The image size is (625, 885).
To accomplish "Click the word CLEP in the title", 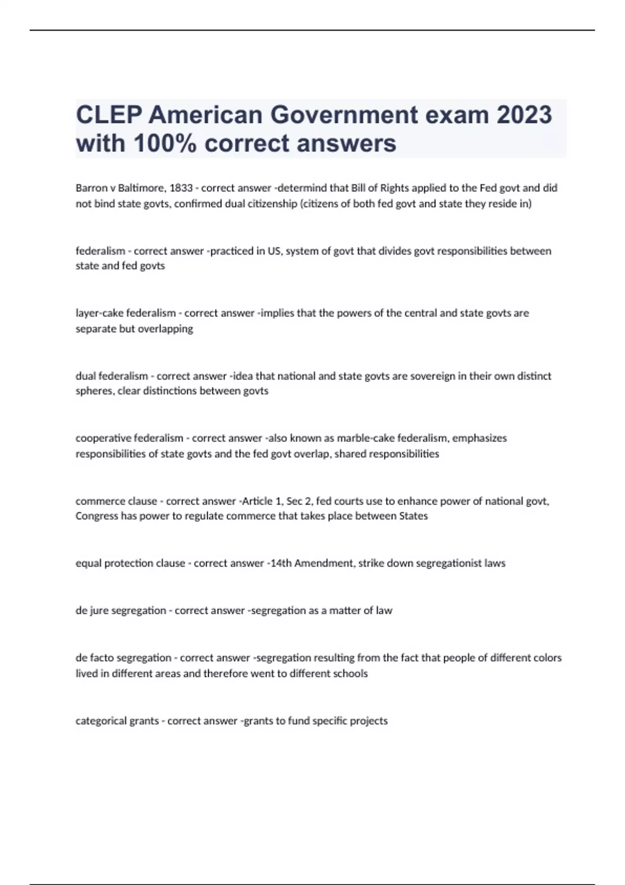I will pyautogui.click(x=109, y=115).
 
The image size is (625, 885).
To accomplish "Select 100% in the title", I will pyautogui.click(x=165, y=143).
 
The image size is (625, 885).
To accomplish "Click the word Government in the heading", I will pyautogui.click(x=344, y=115).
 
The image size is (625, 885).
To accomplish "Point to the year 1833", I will pyautogui.click(x=181, y=188).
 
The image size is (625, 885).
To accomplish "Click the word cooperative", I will pyautogui.click(x=103, y=438).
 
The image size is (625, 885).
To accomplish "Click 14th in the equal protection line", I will pyautogui.click(x=279, y=563).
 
